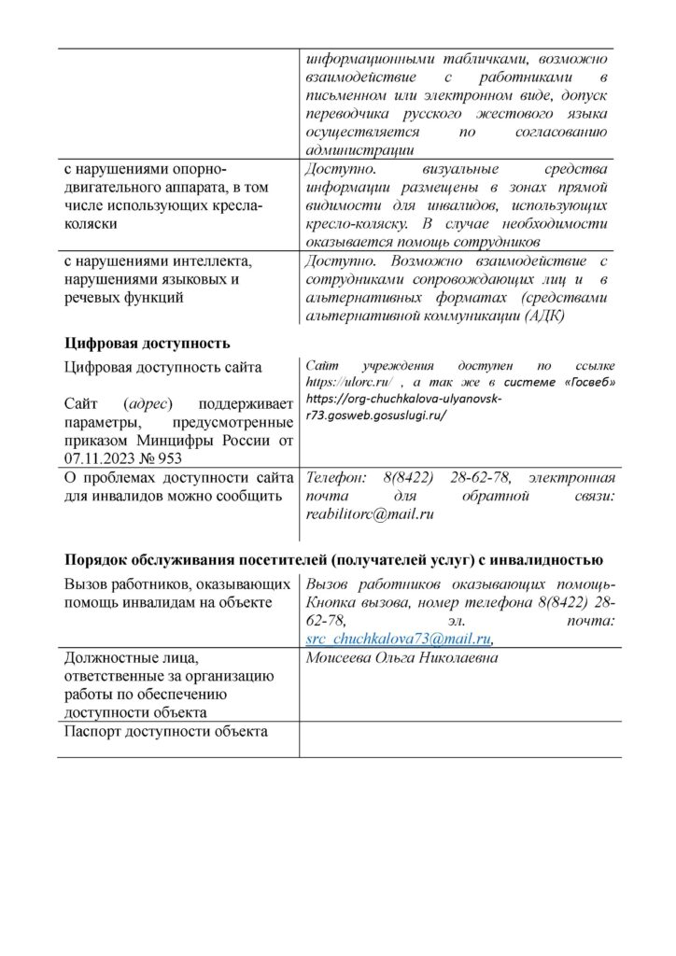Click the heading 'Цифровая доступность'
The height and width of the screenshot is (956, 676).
point(147,343)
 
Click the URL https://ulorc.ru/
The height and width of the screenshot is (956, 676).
point(340,383)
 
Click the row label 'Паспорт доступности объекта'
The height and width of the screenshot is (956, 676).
point(167,731)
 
